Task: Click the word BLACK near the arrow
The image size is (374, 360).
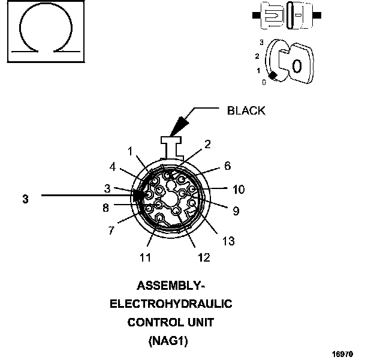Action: coord(246,110)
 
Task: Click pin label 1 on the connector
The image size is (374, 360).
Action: coord(130,151)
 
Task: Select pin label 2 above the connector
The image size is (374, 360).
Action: coord(207,144)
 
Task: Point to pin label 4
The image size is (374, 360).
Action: coord(113,167)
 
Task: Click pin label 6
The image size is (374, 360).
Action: coord(227,166)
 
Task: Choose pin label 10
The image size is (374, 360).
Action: coord(239,190)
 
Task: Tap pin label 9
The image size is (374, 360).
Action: coord(235,211)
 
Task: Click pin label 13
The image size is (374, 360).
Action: coord(228,241)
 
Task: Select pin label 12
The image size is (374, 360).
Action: coord(204,257)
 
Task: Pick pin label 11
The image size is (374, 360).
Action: coord(146,257)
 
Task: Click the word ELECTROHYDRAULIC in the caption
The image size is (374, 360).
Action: coord(171,304)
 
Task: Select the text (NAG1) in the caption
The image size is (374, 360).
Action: coord(171,341)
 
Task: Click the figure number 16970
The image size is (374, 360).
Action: coord(348,353)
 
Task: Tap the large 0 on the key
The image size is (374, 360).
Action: coord(298,66)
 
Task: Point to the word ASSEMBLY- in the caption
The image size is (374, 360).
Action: coord(171,285)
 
